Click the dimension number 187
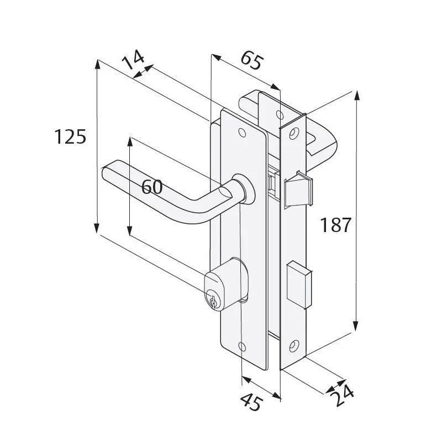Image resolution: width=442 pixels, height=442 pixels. point(335,225)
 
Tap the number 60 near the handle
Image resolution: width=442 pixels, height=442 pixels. point(152,187)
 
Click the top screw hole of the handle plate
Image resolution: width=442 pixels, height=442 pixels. point(241,133)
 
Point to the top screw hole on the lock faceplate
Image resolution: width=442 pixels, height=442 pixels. point(293,133)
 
